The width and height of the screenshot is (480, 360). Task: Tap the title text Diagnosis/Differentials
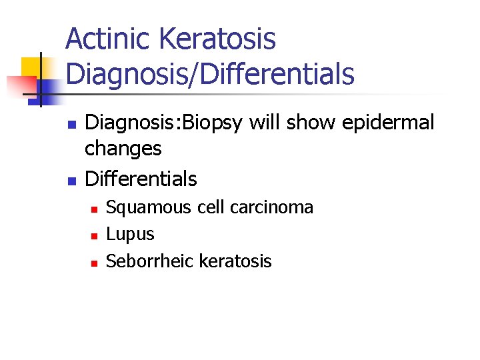210,73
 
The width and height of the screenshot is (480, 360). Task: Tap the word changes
123,149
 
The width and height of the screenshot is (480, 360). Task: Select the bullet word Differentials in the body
141,179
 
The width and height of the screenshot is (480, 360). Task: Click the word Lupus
130,235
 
